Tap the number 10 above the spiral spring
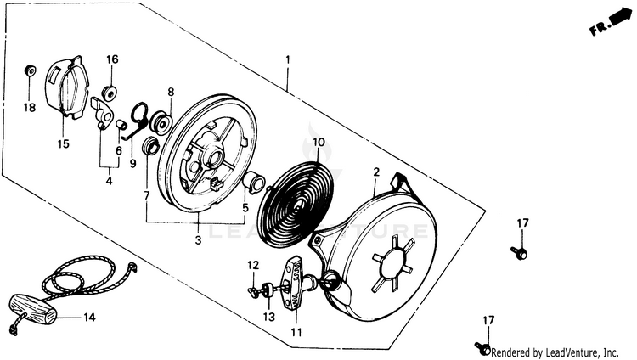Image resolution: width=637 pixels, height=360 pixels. pos(318,142)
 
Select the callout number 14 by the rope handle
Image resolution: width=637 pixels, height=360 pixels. pos(89,318)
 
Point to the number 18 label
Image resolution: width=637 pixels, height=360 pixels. pos(30,108)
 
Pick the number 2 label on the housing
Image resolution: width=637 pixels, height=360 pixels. pos(375,172)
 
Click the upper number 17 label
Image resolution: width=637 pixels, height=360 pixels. pos(523,222)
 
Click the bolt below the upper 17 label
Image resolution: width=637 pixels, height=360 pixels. pos(521,251)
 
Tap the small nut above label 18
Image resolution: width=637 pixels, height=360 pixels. pos(29,70)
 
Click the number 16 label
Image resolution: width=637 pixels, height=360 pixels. pos(112,59)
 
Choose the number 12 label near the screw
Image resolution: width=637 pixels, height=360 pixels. pos(251,266)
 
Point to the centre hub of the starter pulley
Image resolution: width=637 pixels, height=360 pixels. pos(211,156)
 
